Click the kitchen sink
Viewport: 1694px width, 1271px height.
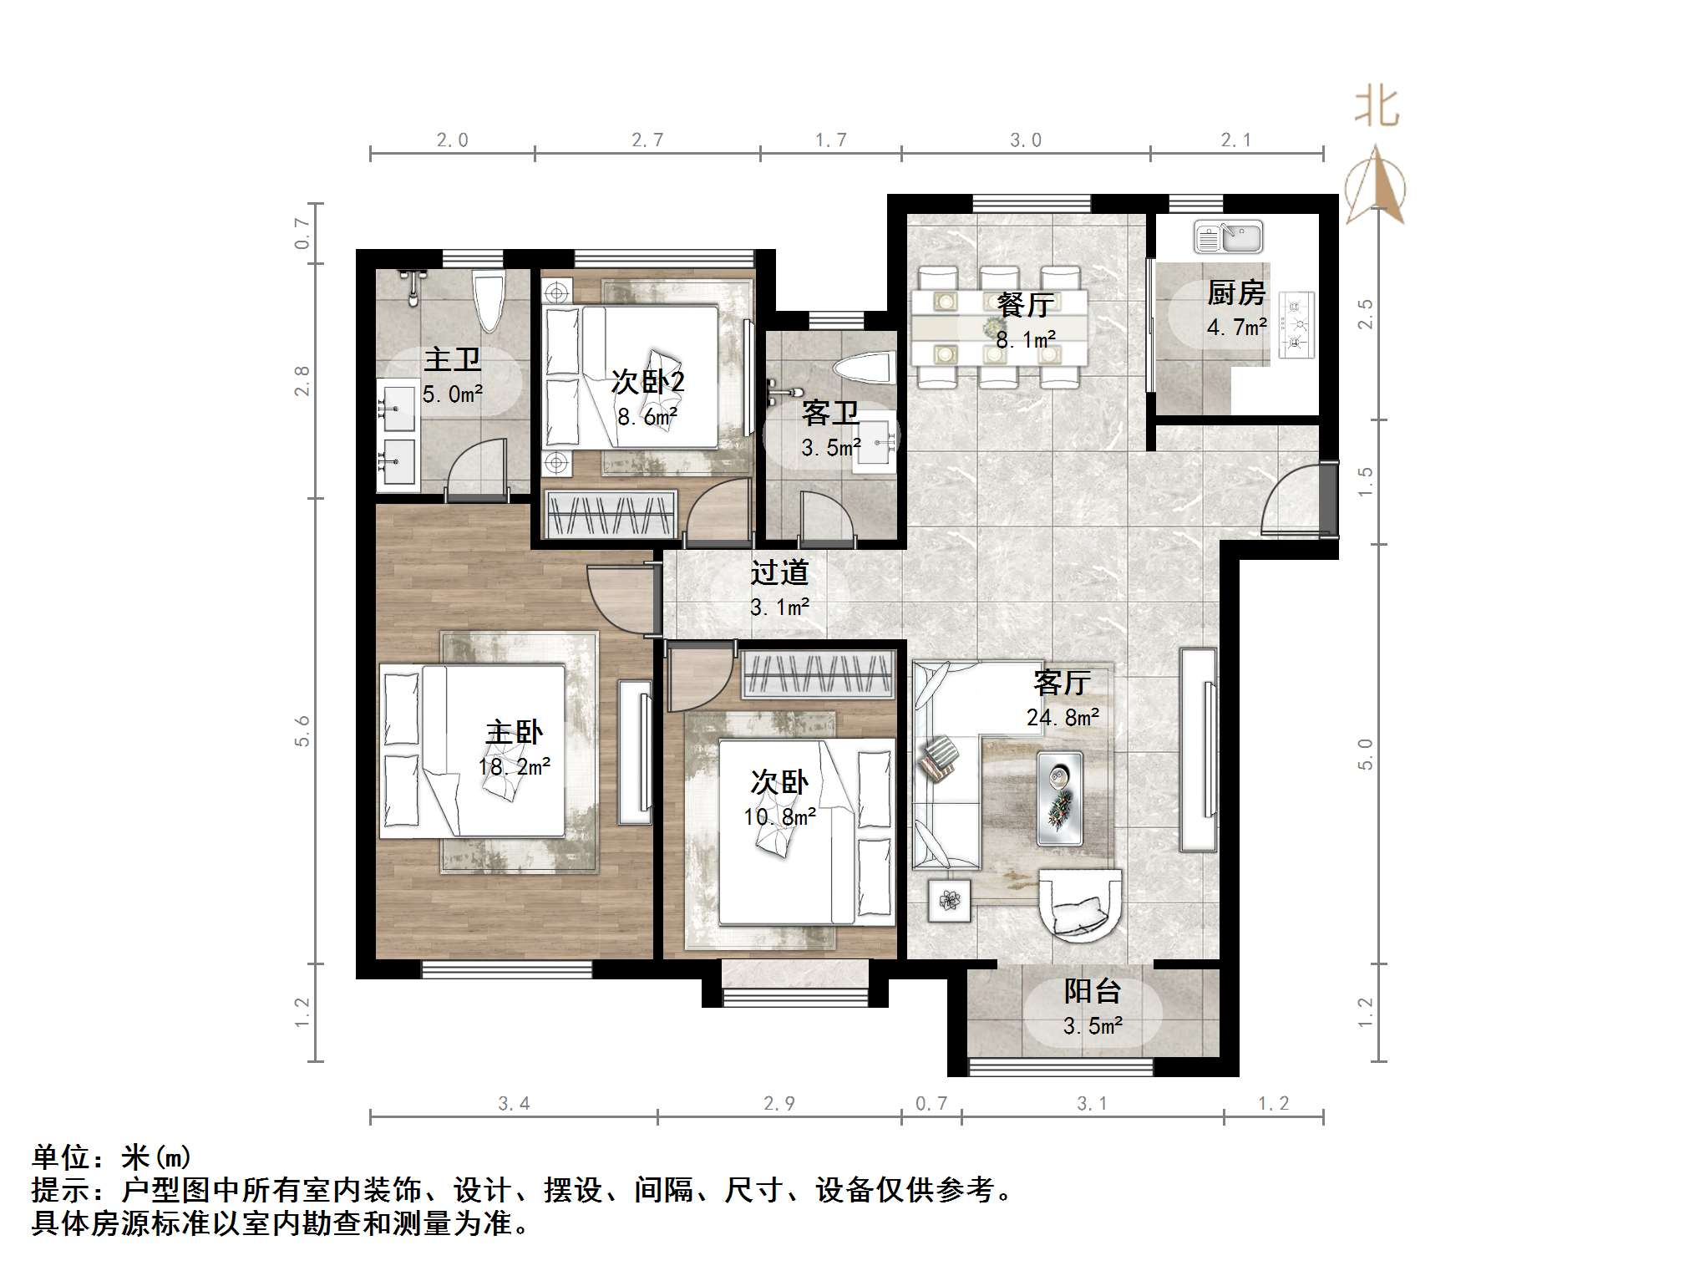click(x=1228, y=237)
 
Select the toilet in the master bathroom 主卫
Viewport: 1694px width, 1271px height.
click(x=489, y=301)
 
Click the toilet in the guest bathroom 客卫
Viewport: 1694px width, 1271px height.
click(x=864, y=369)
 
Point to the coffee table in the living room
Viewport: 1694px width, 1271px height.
click(x=1060, y=798)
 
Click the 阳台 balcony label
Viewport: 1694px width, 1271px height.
click(x=1092, y=991)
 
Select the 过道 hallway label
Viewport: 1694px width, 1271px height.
click(x=779, y=572)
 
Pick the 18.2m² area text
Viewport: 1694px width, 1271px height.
click(x=514, y=766)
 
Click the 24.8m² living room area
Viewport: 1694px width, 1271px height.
click(x=1063, y=717)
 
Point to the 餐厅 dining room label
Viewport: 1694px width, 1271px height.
click(x=1025, y=305)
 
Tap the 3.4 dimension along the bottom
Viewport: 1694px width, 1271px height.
click(x=514, y=1104)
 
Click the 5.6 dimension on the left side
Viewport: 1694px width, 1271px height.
click(x=302, y=731)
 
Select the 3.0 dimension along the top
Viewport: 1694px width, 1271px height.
click(x=1026, y=140)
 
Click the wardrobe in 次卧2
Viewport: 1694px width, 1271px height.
click(x=611, y=512)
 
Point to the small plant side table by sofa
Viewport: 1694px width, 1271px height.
click(x=949, y=900)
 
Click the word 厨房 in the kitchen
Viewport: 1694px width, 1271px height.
click(x=1236, y=292)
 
